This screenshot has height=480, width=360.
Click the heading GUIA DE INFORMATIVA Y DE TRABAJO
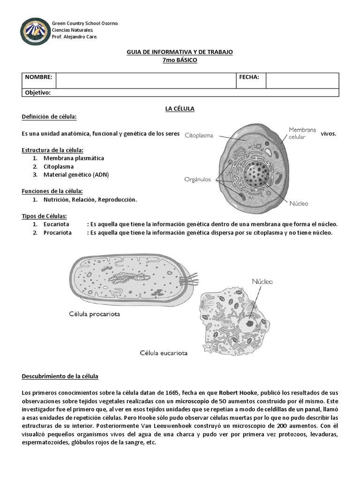pyautogui.click(x=180, y=52)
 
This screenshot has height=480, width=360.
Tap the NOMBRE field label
pyautogui.click(x=38, y=77)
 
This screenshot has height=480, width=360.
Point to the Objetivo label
pyautogui.click(x=37, y=93)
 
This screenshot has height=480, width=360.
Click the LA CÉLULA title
pyautogui.click(x=180, y=109)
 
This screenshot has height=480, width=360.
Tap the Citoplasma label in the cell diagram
pyautogui.click(x=199, y=135)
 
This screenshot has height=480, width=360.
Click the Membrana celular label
pyautogui.click(x=302, y=133)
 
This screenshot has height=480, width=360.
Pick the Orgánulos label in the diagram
pyautogui.click(x=198, y=179)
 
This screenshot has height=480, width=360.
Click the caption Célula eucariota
pyautogui.click(x=164, y=353)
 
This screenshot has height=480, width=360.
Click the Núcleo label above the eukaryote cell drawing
pyautogui.click(x=262, y=282)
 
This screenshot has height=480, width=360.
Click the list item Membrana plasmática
pyautogui.click(x=74, y=158)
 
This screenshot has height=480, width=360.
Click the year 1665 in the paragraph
pyautogui.click(x=168, y=392)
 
